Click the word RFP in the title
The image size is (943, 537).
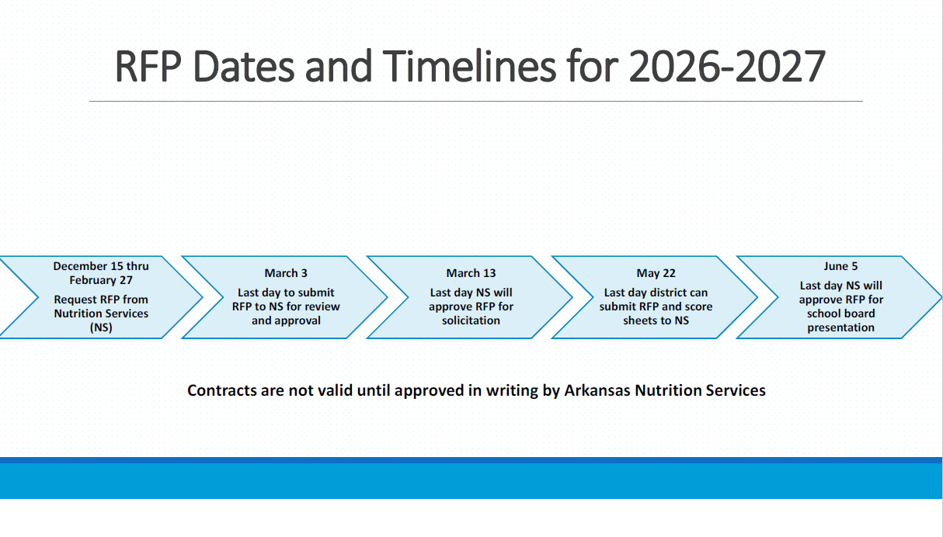[148, 67]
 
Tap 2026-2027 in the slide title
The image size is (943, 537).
[727, 67]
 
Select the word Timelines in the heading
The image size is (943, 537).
[469, 66]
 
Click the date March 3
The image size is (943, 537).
[286, 273]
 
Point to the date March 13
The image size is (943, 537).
[471, 273]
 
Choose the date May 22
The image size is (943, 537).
[656, 273]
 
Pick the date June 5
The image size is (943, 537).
[840, 266]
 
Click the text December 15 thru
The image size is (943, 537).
[101, 266]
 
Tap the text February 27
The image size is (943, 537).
[101, 280]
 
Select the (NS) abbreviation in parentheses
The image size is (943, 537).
[101, 327]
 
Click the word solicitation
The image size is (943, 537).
[471, 320]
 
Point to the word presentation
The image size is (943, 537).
[840, 327]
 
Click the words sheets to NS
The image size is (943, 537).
[656, 320]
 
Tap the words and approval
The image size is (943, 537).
[286, 320]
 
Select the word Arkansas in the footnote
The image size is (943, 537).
[597, 390]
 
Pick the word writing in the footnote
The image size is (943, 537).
[512, 391]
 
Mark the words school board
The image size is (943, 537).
[840, 314]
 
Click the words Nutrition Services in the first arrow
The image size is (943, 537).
[101, 314]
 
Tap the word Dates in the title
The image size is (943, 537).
[244, 67]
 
